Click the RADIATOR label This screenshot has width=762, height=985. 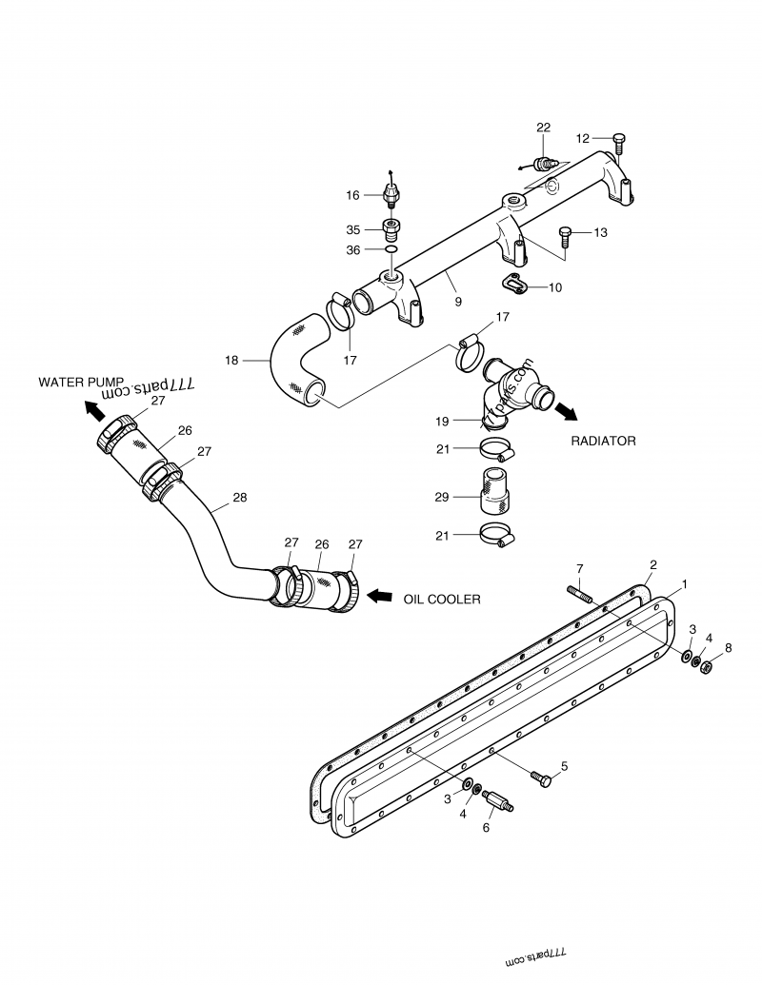tap(603, 442)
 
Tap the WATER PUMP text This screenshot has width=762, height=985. tap(80, 382)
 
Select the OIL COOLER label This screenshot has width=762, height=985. tap(441, 599)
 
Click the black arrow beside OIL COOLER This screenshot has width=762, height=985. tap(380, 596)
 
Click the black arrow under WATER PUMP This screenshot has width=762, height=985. tap(94, 409)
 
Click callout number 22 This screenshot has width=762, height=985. tap(543, 128)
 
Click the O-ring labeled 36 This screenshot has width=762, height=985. tap(391, 250)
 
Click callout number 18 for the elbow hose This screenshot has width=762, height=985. tap(231, 361)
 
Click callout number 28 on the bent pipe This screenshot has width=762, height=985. tap(239, 497)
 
